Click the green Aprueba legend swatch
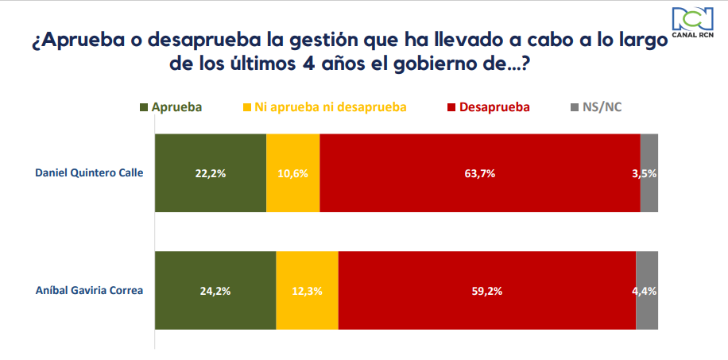[144, 106]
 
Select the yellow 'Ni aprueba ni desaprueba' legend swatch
[247, 106]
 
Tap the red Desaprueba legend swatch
[451, 106]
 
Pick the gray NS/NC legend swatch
[576, 106]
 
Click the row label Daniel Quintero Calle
[88, 173]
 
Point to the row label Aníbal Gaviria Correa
[89, 290]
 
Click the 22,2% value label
[211, 173]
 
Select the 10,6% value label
[293, 173]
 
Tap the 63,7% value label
[481, 173]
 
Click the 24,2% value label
[216, 291]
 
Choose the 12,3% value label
[308, 291]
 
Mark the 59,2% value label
[488, 291]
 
